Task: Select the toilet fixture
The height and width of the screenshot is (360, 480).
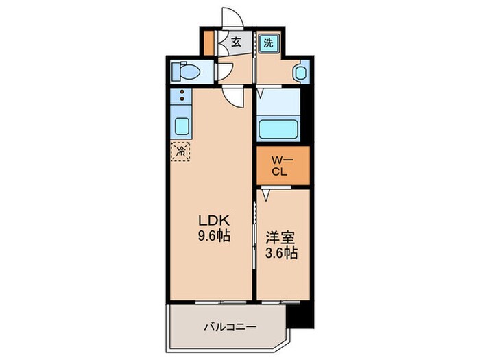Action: (x=186, y=71)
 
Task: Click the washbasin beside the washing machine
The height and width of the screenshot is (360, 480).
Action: (x=300, y=71)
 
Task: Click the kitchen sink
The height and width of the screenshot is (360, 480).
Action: (x=182, y=126)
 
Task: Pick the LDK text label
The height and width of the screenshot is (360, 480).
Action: (x=213, y=221)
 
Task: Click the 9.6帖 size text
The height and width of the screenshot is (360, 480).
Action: (x=213, y=235)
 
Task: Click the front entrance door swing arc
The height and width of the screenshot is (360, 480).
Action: (x=231, y=19)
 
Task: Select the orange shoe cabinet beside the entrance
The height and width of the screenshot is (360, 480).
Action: (x=209, y=43)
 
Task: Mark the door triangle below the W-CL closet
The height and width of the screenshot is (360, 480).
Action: (x=267, y=195)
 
